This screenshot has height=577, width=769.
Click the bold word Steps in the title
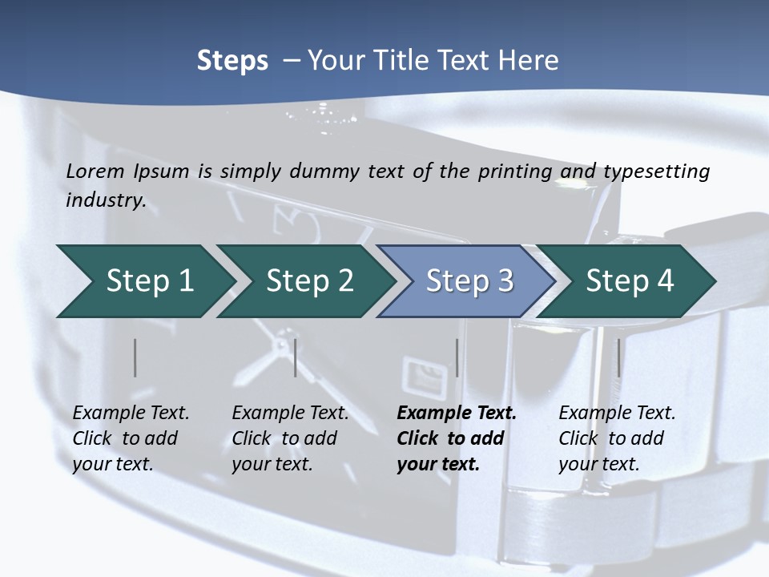232,61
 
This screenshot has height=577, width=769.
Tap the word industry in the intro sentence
105,200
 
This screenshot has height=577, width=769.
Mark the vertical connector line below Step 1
135,357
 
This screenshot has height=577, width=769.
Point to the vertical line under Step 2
296,357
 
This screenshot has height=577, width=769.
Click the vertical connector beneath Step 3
457,357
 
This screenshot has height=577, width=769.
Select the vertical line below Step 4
618,357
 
